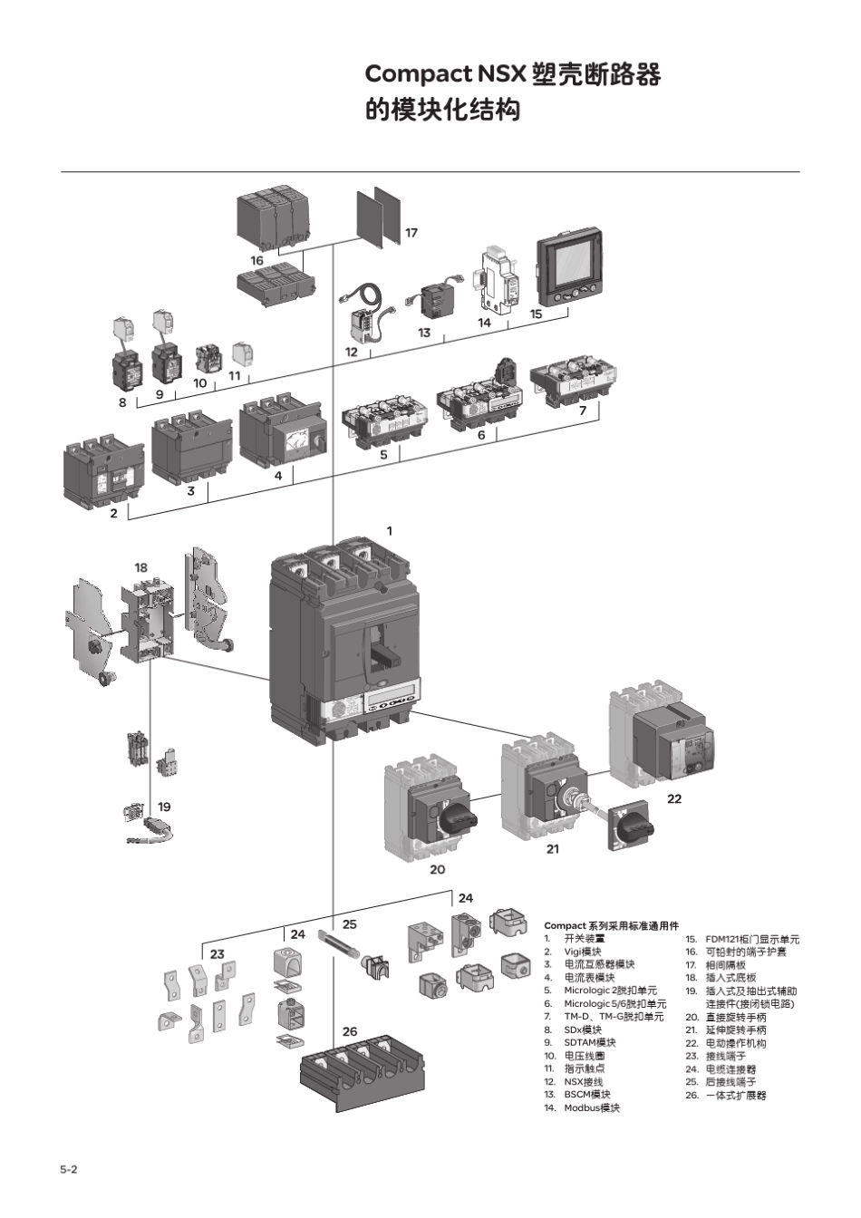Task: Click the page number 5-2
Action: pyautogui.click(x=69, y=1169)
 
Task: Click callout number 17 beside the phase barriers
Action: pyautogui.click(x=411, y=233)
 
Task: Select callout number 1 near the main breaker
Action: pyautogui.click(x=390, y=531)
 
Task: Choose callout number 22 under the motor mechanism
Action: pyautogui.click(x=674, y=798)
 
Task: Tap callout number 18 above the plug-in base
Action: pyautogui.click(x=141, y=567)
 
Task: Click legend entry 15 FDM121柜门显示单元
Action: pyautogui.click(x=742, y=939)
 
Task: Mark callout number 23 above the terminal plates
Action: pyautogui.click(x=218, y=953)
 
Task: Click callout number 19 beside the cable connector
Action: pyautogui.click(x=164, y=807)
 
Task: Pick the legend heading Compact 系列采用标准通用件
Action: pyautogui.click(x=611, y=925)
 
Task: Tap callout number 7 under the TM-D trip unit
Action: pyautogui.click(x=583, y=410)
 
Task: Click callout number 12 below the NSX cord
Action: pyautogui.click(x=352, y=352)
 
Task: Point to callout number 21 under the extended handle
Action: pyautogui.click(x=553, y=849)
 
